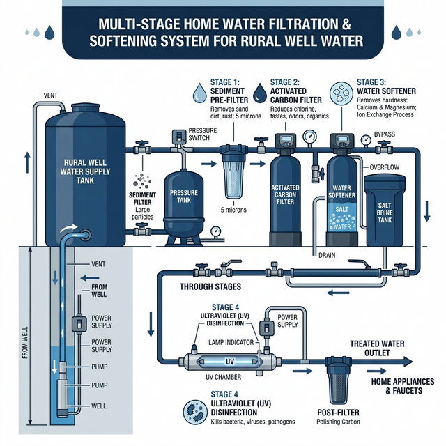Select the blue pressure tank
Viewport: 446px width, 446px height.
click(x=183, y=202)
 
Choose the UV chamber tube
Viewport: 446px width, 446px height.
click(x=231, y=363)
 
